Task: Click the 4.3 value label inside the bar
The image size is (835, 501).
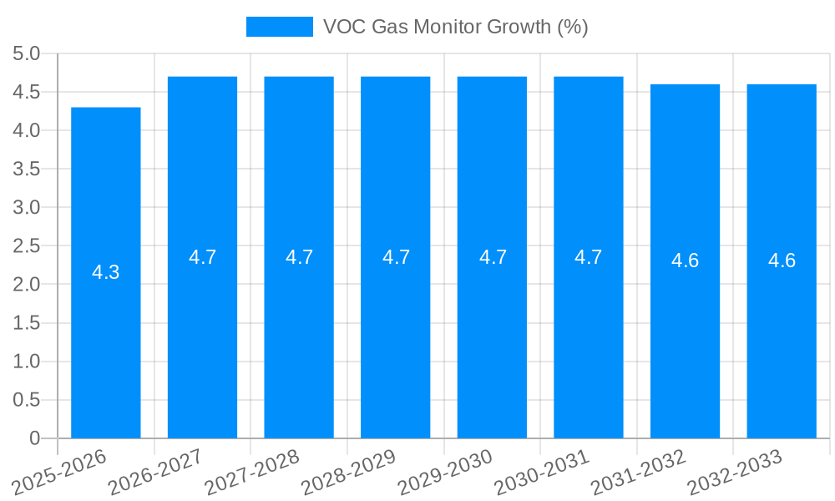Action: [x=106, y=272]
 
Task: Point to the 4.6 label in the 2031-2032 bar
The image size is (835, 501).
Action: [x=685, y=261]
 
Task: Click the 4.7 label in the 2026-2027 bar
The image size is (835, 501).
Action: [x=203, y=257]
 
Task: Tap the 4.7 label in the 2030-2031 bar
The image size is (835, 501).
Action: [x=589, y=257]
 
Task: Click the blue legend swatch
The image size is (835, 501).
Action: [x=279, y=27]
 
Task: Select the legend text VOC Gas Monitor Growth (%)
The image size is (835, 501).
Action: [x=455, y=27]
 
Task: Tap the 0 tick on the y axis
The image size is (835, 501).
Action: [x=34, y=438]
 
